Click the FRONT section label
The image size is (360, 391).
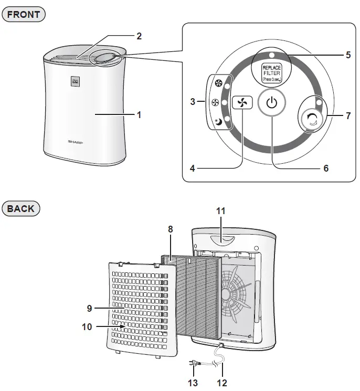[24, 14]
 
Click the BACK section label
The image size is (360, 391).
[21, 208]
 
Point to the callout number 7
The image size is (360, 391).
[348, 115]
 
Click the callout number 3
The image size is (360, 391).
[193, 100]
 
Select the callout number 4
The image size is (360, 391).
[192, 168]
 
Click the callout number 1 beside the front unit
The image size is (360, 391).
[139, 114]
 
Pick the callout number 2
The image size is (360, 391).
[139, 36]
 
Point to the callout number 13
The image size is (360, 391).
[193, 383]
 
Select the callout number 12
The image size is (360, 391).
[222, 383]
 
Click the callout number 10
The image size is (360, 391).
[87, 326]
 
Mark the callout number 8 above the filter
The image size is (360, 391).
[171, 229]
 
